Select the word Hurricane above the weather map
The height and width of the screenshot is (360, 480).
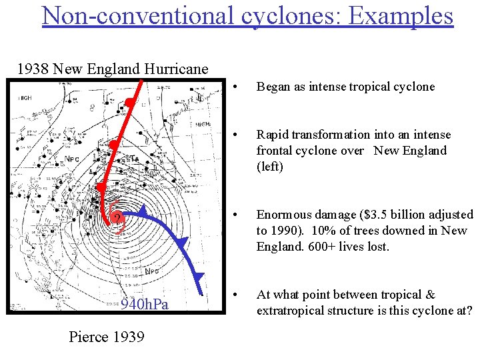tap(177, 69)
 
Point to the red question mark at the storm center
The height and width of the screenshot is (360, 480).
tap(117, 220)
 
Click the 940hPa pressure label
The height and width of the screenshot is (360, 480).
tap(145, 305)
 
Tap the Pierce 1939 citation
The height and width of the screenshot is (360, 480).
tap(107, 337)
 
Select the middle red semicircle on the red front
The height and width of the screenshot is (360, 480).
tap(114, 145)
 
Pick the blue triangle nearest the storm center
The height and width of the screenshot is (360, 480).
tap(143, 211)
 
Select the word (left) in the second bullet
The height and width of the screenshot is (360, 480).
tap(270, 167)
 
